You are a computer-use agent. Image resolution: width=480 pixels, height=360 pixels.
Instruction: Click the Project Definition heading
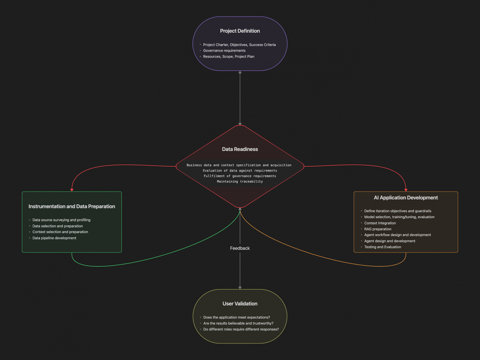click(240, 31)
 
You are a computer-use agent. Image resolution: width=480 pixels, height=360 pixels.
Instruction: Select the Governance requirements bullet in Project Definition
click(224, 51)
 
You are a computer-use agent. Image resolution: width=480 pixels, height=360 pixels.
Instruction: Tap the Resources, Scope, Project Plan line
click(228, 57)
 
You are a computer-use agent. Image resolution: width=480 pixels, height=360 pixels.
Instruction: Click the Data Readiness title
click(240, 149)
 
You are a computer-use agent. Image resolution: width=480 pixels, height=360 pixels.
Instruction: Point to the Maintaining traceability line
click(240, 182)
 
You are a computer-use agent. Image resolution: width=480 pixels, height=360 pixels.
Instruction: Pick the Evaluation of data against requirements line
click(240, 171)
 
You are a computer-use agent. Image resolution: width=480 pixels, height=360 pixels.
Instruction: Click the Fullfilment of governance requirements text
click(240, 176)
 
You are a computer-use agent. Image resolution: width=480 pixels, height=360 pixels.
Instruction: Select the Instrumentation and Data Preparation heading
click(72, 207)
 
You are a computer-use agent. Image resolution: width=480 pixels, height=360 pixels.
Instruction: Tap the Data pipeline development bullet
click(54, 238)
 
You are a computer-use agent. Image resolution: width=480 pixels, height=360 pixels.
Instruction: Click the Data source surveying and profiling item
click(61, 220)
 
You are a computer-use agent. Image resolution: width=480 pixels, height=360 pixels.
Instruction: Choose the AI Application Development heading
click(406, 198)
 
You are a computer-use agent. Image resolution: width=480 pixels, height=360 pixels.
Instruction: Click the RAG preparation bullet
click(377, 229)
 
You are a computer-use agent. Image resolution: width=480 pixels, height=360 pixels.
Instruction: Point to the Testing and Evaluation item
click(382, 247)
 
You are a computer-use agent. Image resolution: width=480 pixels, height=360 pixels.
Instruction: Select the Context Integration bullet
click(380, 223)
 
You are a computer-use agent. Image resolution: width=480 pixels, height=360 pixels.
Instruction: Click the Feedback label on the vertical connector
click(240, 248)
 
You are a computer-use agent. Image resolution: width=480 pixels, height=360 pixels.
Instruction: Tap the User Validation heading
click(240, 304)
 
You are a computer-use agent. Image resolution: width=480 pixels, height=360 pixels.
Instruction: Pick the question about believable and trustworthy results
click(238, 323)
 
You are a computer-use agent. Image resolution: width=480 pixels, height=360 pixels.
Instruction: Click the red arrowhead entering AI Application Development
click(406, 190)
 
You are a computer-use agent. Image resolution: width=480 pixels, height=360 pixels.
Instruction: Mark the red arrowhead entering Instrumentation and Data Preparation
click(72, 190)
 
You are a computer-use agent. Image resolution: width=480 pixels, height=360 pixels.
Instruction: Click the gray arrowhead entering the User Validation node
click(240, 287)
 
